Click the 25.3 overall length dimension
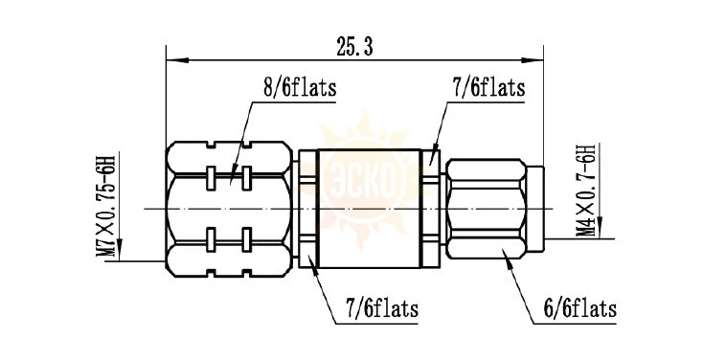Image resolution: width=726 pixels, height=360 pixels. [x=354, y=48]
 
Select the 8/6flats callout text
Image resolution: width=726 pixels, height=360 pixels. [x=300, y=88]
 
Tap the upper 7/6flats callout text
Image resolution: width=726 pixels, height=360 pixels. [x=488, y=87]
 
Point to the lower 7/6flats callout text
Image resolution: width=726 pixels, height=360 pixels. [x=382, y=308]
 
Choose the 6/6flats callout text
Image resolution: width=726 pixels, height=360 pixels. [x=580, y=308]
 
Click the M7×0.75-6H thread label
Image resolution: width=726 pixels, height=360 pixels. [x=105, y=205]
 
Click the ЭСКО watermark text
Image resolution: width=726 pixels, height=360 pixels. [x=363, y=182]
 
